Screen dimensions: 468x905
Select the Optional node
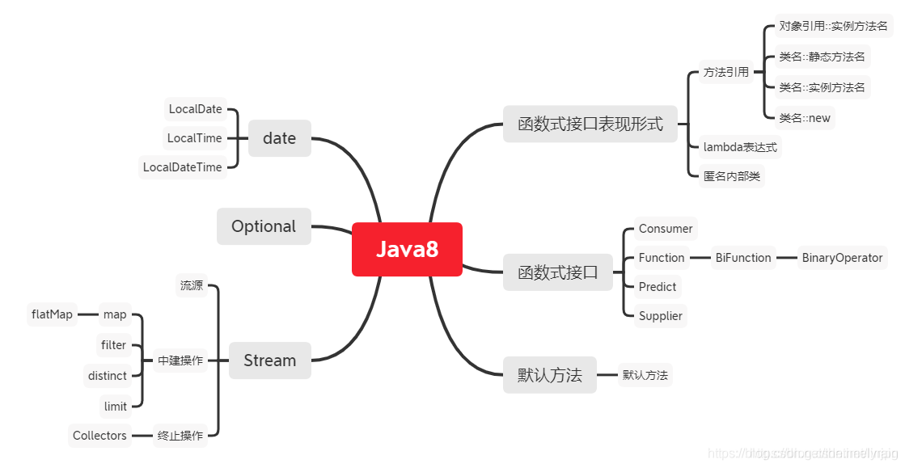click(x=264, y=226)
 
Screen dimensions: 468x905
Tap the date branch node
click(x=279, y=138)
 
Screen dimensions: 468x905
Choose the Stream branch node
click(x=269, y=360)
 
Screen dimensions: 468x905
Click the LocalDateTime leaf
click(x=182, y=167)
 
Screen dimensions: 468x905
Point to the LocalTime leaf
click(x=194, y=138)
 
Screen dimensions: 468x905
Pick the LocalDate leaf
click(x=195, y=109)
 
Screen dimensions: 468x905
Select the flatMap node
click(x=52, y=314)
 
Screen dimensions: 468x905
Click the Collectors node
click(x=99, y=436)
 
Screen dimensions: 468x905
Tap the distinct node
click(x=108, y=376)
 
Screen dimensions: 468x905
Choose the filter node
click(x=113, y=345)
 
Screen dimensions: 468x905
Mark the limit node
click(x=115, y=406)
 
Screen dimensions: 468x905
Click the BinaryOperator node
click(x=842, y=258)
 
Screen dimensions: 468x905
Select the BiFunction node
click(x=742, y=258)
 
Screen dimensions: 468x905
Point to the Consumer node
click(x=665, y=229)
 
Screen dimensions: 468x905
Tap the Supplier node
click(x=660, y=316)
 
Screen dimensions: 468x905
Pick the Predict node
click(x=657, y=287)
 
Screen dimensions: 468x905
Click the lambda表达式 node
click(x=740, y=147)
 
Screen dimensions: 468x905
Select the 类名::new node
click(x=804, y=118)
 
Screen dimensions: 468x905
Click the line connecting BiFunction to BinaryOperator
click(x=785, y=258)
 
